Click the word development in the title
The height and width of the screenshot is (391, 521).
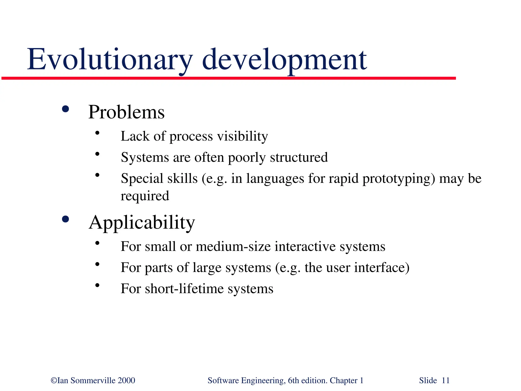(284, 60)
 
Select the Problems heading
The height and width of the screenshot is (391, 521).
(126, 112)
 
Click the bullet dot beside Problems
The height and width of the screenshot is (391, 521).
(65, 109)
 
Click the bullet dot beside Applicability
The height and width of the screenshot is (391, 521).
(65, 219)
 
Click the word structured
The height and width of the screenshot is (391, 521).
(299, 157)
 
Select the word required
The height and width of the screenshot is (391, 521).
(145, 196)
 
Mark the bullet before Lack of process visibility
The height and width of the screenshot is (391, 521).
(97, 133)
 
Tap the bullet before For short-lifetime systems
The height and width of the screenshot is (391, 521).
(97, 285)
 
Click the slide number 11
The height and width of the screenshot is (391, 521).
(446, 381)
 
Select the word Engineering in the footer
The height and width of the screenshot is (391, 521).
(263, 381)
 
